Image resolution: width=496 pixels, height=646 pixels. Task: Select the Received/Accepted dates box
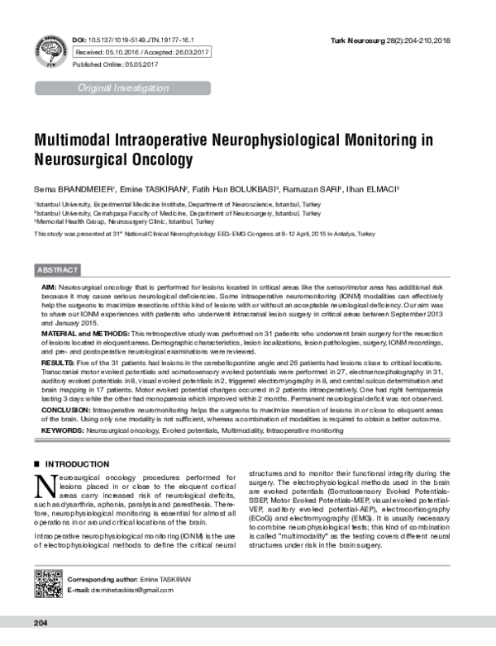(142, 51)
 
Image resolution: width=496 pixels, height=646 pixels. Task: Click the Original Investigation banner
(122, 88)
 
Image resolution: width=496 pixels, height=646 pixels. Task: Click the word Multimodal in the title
(83, 140)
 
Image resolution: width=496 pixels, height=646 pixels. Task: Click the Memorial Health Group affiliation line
(124, 221)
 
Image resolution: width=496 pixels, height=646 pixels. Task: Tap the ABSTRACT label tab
(58, 270)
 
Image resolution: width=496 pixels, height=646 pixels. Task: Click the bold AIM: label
(49, 284)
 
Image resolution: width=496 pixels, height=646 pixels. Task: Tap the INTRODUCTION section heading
(76, 464)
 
